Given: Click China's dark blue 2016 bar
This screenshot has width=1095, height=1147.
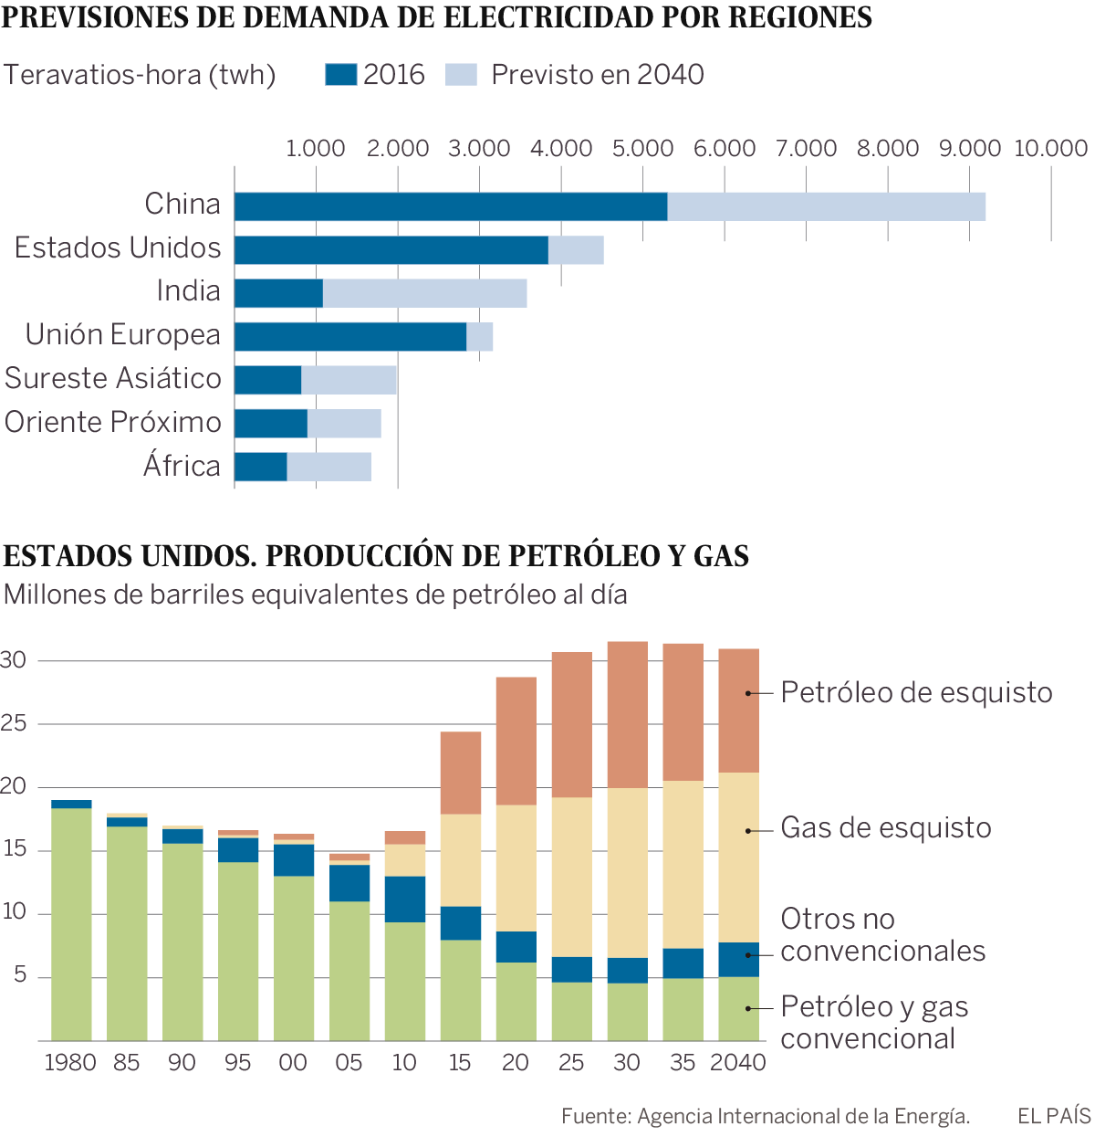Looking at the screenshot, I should (x=451, y=206).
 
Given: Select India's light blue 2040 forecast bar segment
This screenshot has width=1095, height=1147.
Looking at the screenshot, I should (x=424, y=293).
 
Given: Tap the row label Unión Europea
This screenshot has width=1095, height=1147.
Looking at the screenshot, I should (x=123, y=335).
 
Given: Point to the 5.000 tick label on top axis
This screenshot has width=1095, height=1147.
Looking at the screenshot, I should (x=642, y=148).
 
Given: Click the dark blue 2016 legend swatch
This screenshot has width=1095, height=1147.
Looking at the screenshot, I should (x=340, y=75).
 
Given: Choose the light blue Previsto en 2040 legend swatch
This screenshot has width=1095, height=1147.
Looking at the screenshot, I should (x=461, y=75).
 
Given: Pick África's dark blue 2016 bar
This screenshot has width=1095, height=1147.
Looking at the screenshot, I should (x=261, y=467).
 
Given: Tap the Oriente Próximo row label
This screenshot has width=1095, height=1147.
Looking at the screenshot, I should (x=113, y=423).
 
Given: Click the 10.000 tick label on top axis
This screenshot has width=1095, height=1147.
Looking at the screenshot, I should (x=1050, y=148).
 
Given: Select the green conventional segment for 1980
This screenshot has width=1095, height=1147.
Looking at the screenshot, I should (x=71, y=922).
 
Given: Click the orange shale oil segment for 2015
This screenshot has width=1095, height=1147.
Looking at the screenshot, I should (x=461, y=773).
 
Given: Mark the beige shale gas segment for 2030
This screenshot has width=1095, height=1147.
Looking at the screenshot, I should (x=628, y=872).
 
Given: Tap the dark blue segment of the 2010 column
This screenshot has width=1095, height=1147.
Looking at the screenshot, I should (x=405, y=900).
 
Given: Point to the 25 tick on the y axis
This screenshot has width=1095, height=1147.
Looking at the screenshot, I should (x=14, y=723).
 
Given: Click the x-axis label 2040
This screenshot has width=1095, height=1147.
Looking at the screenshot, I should (x=738, y=1063).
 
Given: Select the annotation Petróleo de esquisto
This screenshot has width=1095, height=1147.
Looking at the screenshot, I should (x=916, y=693).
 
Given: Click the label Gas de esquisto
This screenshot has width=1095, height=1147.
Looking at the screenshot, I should (x=885, y=828).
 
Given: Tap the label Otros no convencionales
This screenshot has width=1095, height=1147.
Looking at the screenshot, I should (x=882, y=935).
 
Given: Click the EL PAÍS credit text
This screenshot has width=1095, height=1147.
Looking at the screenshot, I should (x=1054, y=1116).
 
